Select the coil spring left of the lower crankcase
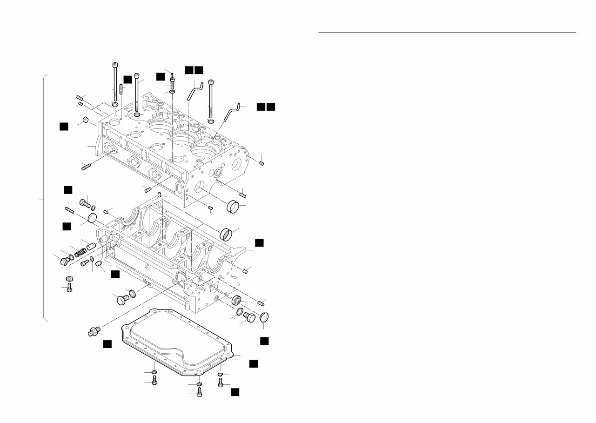(80, 252)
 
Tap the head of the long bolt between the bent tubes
(211, 82)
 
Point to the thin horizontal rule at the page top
(447, 33)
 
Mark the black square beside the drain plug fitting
(107, 343)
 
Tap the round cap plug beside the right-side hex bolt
(263, 317)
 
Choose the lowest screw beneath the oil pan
(200, 393)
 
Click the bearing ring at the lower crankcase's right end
(236, 300)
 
